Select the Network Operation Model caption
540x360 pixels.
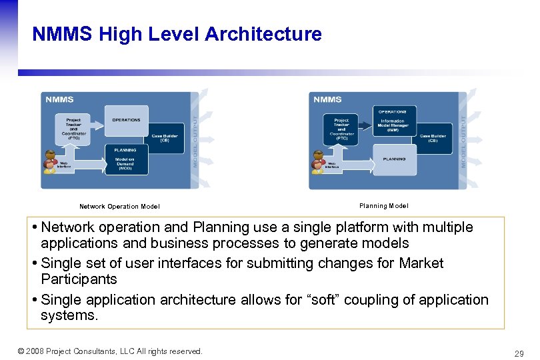point(119,207)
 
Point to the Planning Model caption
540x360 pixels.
point(383,206)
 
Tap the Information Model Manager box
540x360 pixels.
point(393,125)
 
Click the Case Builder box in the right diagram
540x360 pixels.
point(433,138)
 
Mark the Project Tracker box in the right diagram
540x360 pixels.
point(341,128)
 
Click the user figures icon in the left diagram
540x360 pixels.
point(51,165)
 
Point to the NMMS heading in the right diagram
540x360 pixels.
point(327,100)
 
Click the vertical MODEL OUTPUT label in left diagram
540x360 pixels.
point(195,139)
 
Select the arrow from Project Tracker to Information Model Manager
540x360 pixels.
point(364,123)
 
